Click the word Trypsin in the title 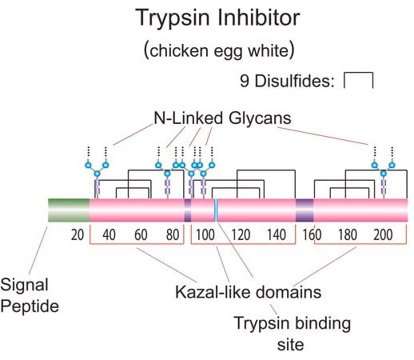pos(173,18)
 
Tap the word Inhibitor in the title pos(259,18)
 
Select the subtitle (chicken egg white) pos(219,50)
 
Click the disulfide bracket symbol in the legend pos(358,80)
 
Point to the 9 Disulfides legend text pos(287,81)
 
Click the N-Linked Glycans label pos(222,118)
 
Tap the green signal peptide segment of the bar pos(69,210)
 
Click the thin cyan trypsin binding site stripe pos(216,210)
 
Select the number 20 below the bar pos(78,235)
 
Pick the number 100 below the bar pos(205,235)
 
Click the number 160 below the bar pos(312,235)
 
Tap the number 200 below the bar pos(383,235)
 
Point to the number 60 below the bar pos(141,235)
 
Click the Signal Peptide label pos(30,295)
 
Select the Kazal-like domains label pos(248,292)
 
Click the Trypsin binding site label pos(292,334)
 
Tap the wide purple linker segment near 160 pos(305,210)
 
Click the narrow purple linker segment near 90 pos(188,210)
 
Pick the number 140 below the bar pos(277,235)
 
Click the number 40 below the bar pos(109,235)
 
